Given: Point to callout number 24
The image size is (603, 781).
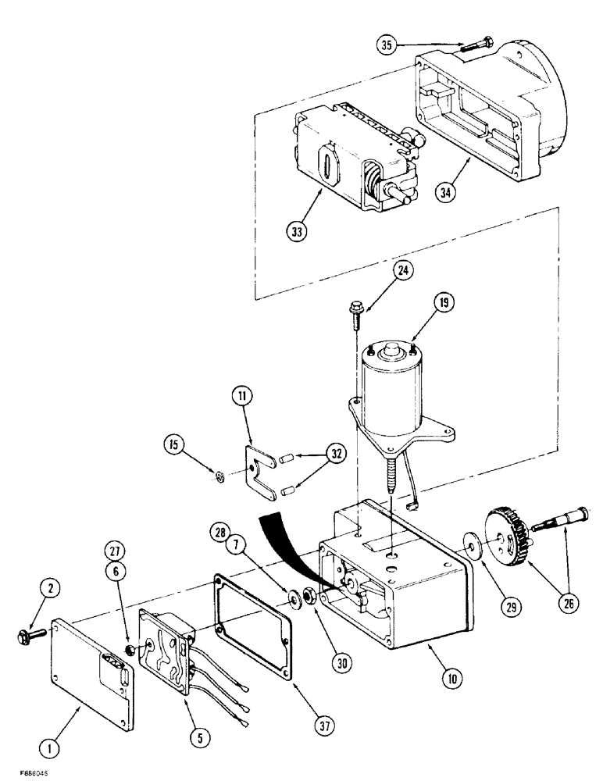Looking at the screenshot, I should [403, 271].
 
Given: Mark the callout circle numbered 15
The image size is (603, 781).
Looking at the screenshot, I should [176, 446].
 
